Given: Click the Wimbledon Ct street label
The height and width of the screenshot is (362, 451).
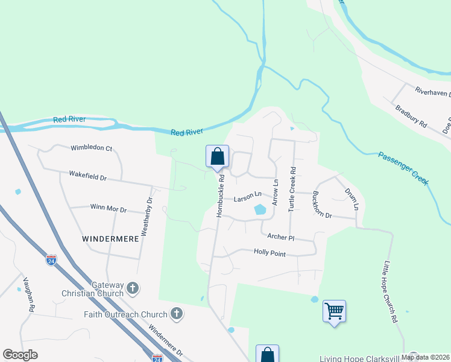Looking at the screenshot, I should (92, 148).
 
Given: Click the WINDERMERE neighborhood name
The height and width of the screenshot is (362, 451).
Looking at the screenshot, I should (110, 239).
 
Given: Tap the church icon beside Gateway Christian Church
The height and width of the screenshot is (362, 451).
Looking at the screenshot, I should (133, 289).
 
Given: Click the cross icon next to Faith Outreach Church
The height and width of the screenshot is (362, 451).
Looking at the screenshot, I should (176, 313).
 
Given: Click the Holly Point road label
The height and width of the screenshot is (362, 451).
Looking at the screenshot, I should (270, 253).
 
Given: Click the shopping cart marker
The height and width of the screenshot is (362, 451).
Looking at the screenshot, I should (334, 311).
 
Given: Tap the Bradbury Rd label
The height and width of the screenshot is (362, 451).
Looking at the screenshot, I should (411, 116).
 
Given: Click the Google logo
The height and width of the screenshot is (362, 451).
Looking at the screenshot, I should (20, 355).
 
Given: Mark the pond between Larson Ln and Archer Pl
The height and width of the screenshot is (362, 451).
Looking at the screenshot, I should (260, 209).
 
